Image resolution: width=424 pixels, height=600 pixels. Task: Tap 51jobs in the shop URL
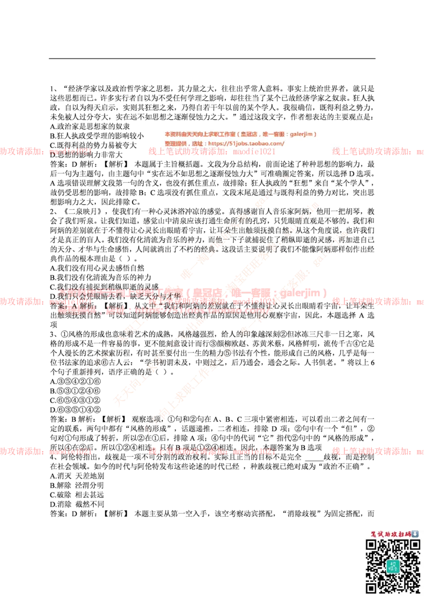pyautogui.click(x=235, y=144)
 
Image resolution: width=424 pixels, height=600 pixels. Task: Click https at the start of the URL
pyautogui.click(x=216, y=144)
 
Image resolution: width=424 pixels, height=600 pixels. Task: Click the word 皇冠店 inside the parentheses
pyautogui.click(x=249, y=135)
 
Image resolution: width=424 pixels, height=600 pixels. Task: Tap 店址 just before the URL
pyautogui.click(x=198, y=144)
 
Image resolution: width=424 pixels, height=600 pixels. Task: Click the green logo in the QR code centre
pyautogui.click(x=393, y=566)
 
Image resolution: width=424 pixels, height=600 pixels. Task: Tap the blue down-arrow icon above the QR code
pyautogui.click(x=415, y=534)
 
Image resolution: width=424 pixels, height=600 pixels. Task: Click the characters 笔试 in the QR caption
pyautogui.click(x=377, y=534)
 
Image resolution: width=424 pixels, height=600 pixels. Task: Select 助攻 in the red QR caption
pyautogui.click(x=390, y=534)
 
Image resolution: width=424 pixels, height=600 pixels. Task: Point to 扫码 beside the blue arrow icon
pyautogui.click(x=404, y=534)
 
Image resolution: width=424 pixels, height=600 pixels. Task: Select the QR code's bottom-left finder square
pyautogui.click(x=372, y=587)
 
